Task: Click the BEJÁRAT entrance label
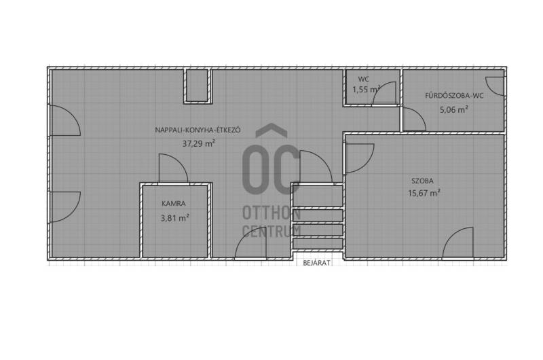316,263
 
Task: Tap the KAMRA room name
174,203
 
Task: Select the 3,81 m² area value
175,218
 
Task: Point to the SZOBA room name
422,181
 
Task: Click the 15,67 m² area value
424,193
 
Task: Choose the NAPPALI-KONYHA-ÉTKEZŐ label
198,130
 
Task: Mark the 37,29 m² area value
198,143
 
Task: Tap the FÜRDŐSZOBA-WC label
454,96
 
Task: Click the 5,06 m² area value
454,110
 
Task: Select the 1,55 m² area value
367,90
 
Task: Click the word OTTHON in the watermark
271,213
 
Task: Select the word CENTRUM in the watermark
271,231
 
